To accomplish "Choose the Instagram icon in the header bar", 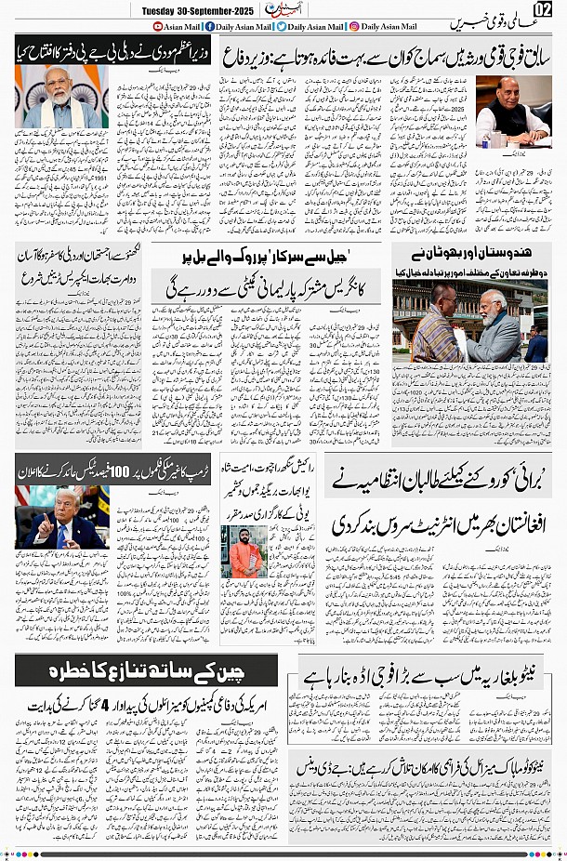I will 354,28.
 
